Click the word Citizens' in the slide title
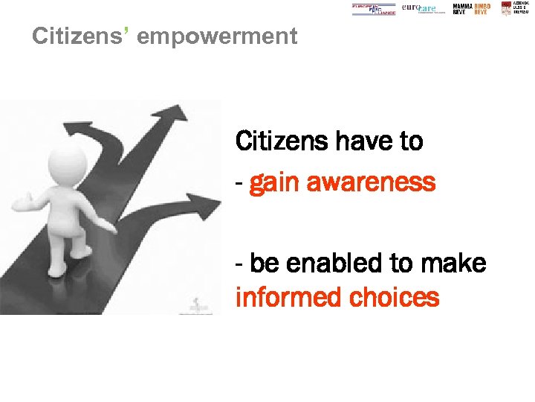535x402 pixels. click(x=80, y=36)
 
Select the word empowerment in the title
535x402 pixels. click(x=217, y=36)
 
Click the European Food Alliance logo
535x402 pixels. click(x=374, y=9)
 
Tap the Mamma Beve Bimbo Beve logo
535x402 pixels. click(x=472, y=9)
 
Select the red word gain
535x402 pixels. click(x=276, y=183)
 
